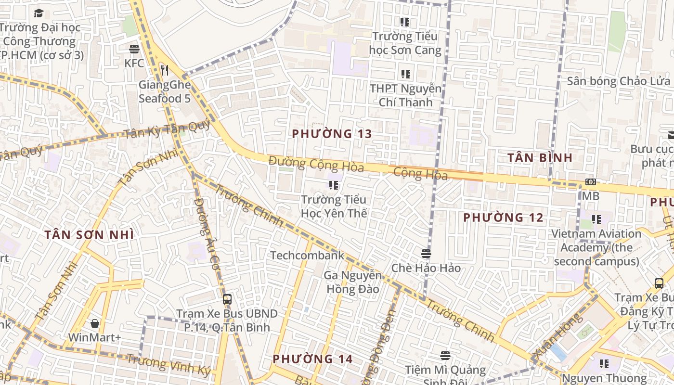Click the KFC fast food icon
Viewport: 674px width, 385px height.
134,49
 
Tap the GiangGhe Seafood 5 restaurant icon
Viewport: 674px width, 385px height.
165,70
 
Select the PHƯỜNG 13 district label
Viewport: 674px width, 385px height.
332,134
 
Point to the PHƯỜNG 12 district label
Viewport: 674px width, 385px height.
503,218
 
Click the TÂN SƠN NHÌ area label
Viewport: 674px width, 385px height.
89,235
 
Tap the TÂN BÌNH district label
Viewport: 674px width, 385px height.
540,157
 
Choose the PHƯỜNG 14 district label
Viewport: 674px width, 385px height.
312,359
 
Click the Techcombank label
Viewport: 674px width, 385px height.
307,255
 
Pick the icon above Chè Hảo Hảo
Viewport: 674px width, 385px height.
426,254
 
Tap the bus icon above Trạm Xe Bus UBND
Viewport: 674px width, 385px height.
227,299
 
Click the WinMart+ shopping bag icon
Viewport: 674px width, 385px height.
95,323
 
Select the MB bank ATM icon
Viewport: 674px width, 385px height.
590,182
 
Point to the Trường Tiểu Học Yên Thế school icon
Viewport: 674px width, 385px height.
334,185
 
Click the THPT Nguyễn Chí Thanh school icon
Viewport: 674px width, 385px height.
405,74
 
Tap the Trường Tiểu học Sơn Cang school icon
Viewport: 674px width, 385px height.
405,22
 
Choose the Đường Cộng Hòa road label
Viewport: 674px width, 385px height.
316,164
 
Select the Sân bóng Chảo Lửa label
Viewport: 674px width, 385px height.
618,81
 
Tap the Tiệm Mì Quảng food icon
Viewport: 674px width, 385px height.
445,356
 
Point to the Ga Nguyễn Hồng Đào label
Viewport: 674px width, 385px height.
353,282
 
